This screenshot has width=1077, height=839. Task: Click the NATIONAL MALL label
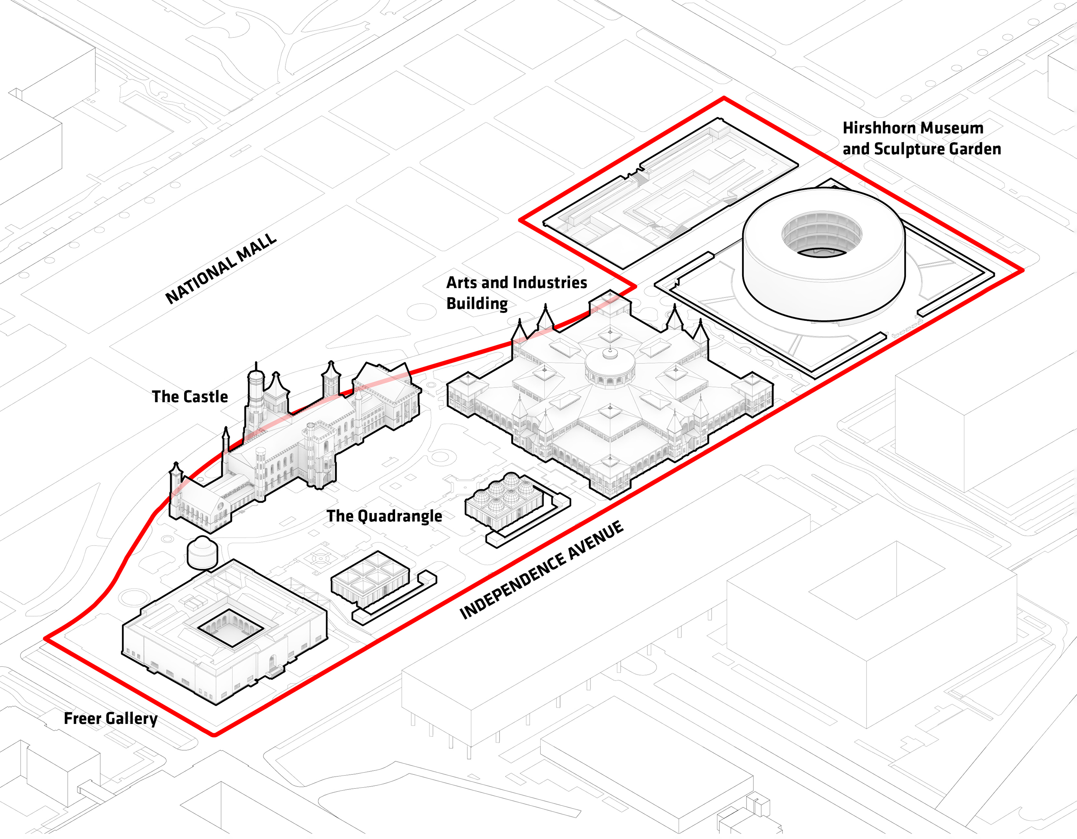click(220, 269)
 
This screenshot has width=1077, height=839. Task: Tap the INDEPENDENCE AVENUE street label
click(541, 570)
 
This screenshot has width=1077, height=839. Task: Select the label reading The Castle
click(190, 397)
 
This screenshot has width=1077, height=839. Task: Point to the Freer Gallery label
click(110, 718)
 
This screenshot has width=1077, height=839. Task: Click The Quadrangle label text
click(384, 516)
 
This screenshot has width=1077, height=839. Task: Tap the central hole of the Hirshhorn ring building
click(822, 237)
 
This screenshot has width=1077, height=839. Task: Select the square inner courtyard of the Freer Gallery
click(230, 628)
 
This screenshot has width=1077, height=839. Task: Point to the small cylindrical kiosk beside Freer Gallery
click(202, 553)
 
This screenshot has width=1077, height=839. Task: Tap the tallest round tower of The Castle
click(255, 394)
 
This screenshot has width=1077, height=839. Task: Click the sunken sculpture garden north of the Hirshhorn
click(671, 192)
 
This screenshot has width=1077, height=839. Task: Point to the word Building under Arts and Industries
click(477, 304)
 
